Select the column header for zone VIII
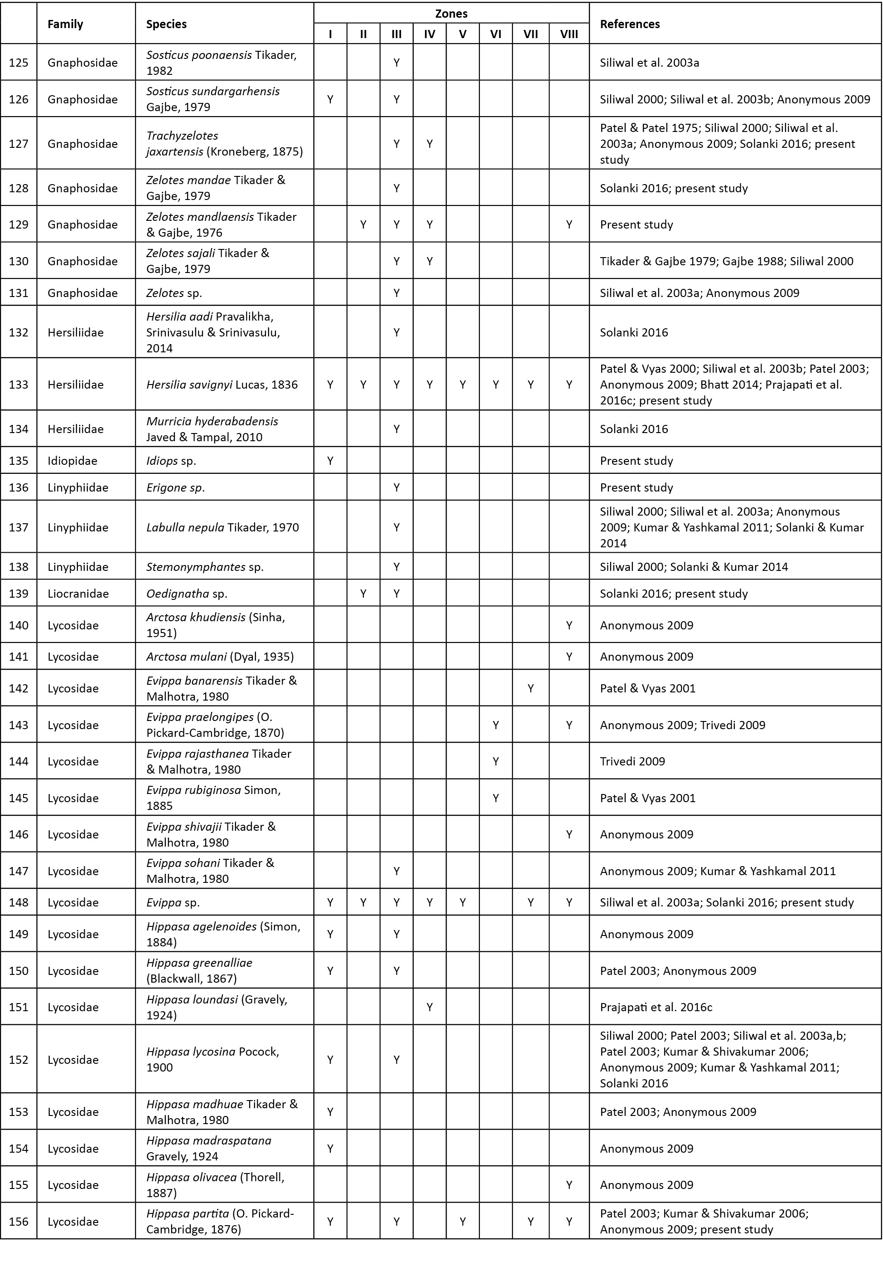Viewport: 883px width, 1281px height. (569, 34)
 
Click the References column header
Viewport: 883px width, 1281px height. (630, 24)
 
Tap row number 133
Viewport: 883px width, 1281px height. (19, 384)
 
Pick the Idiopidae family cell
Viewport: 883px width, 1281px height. (72, 461)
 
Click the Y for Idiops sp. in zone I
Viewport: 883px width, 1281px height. (330, 461)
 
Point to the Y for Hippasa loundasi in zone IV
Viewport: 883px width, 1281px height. (429, 1007)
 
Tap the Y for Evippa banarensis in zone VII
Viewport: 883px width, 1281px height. (531, 688)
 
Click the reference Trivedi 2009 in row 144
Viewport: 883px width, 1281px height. (632, 761)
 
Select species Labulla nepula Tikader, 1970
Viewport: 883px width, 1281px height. (222, 527)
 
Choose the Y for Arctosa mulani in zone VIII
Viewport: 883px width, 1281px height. (569, 657)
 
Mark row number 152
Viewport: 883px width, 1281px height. (19, 1060)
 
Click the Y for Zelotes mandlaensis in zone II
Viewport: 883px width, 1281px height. (363, 224)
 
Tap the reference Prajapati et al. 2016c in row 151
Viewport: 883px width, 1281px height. (656, 1007)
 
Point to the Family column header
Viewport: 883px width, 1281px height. (65, 24)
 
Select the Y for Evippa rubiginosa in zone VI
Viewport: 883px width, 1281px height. (496, 798)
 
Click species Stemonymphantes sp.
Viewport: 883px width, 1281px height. (205, 567)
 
